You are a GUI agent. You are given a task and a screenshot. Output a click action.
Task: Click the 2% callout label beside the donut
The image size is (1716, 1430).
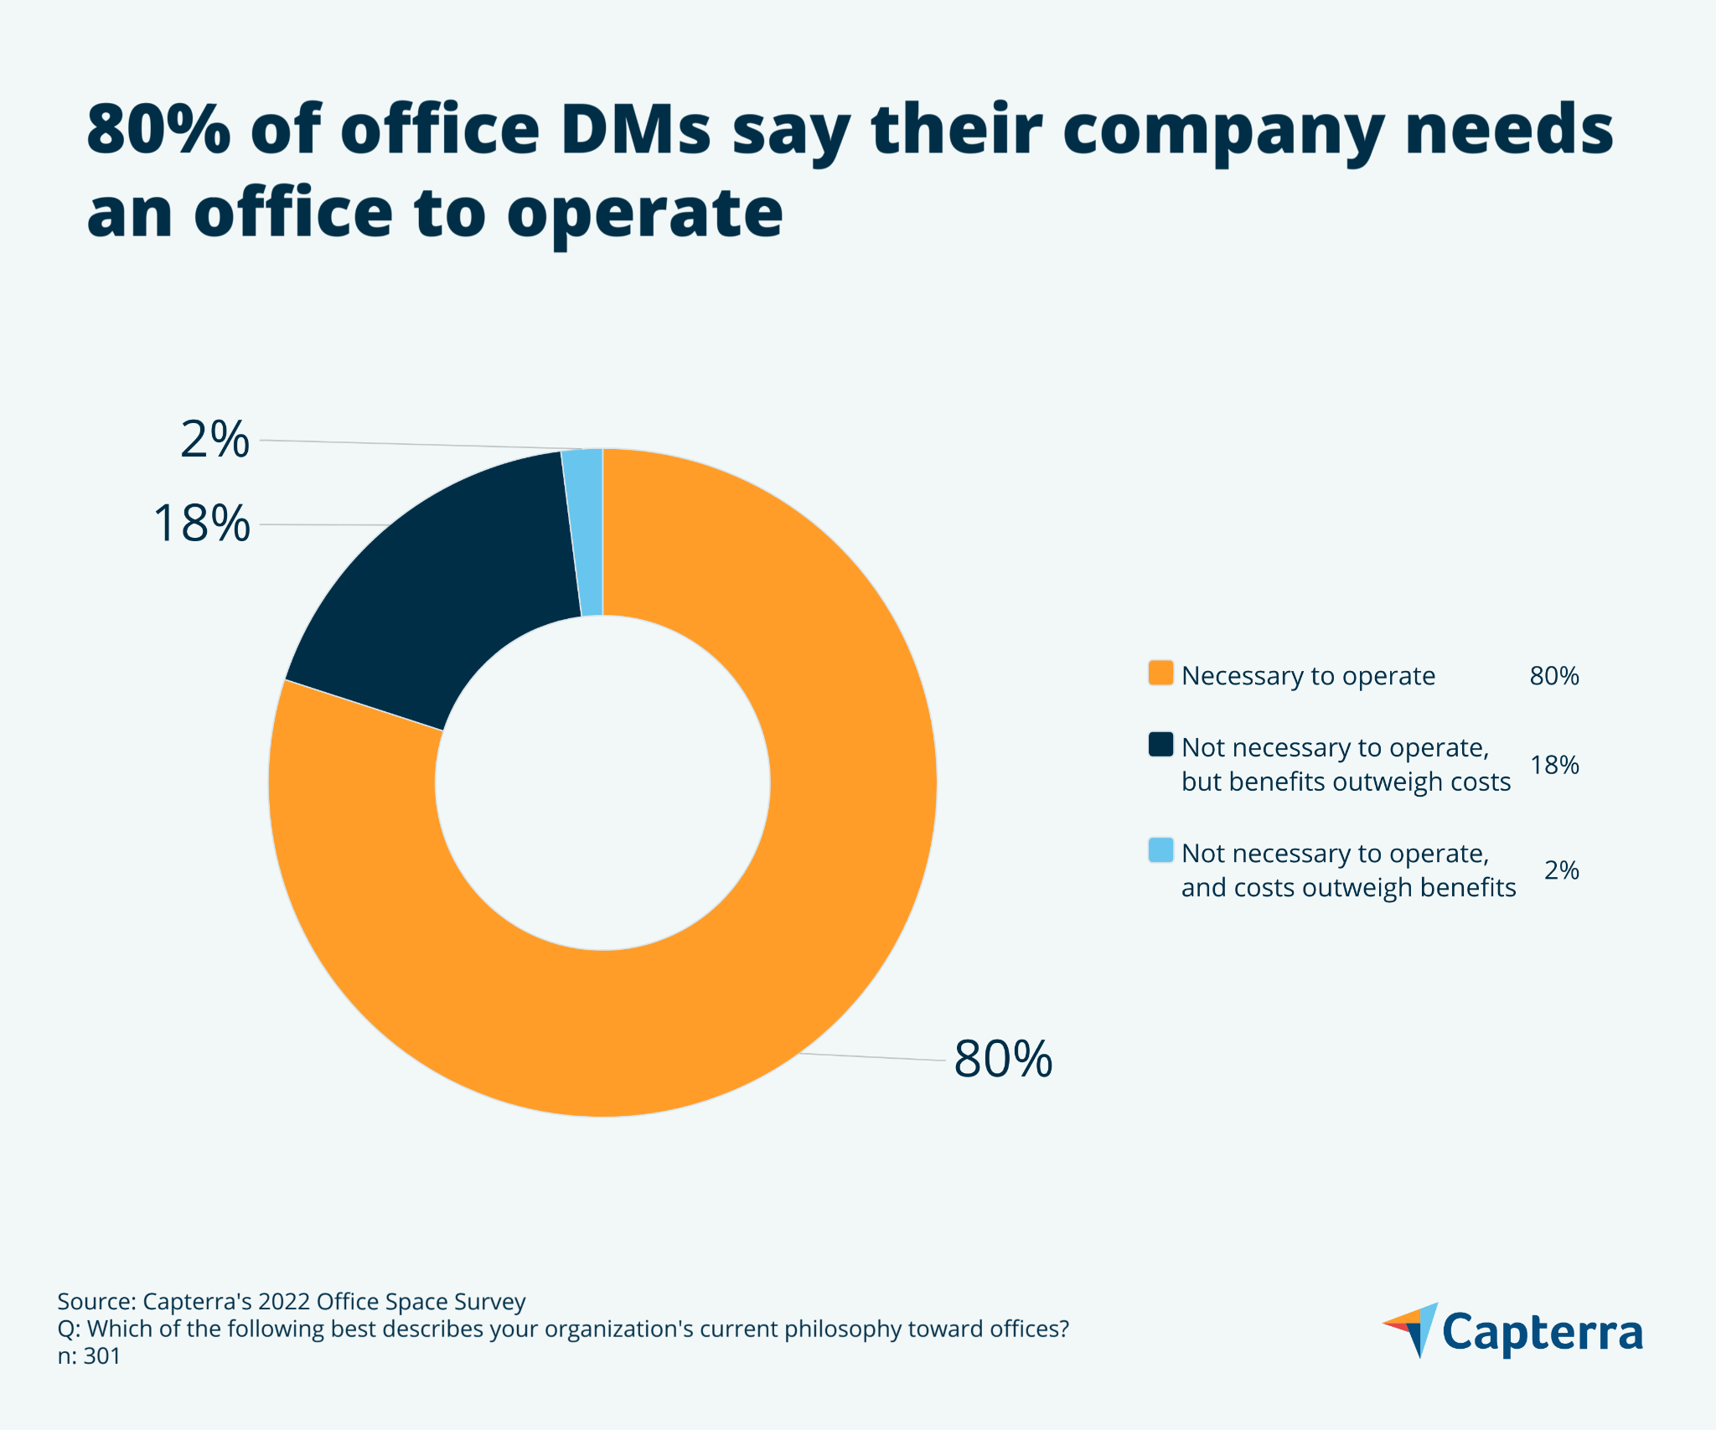pyautogui.click(x=214, y=440)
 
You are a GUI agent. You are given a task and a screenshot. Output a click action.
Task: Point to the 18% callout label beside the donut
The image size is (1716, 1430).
pyautogui.click(x=201, y=524)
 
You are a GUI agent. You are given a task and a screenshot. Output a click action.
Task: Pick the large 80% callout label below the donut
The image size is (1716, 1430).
pyautogui.click(x=1002, y=1059)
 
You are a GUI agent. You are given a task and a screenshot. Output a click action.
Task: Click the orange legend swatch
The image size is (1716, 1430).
pyautogui.click(x=1160, y=674)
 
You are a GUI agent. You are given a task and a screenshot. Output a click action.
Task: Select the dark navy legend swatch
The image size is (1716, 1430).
pyautogui.click(x=1160, y=745)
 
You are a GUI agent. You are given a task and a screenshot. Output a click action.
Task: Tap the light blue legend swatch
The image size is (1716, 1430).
pyautogui.click(x=1160, y=850)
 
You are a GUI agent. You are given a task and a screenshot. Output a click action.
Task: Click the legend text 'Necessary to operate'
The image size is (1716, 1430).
pyautogui.click(x=1308, y=676)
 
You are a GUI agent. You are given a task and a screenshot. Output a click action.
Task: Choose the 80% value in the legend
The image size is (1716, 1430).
pyautogui.click(x=1553, y=676)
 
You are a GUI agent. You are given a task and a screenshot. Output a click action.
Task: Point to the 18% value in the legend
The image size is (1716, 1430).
pyautogui.click(x=1553, y=765)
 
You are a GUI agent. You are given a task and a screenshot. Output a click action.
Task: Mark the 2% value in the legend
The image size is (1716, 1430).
pyautogui.click(x=1561, y=870)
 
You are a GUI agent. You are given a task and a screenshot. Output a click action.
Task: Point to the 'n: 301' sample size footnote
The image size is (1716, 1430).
pyautogui.click(x=89, y=1356)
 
